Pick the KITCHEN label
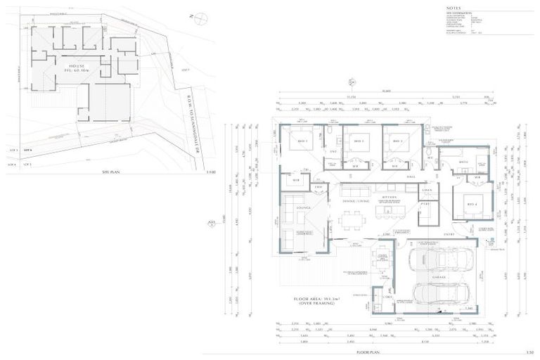(x=390, y=198)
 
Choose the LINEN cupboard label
(x=426, y=191)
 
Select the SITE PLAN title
(x=112, y=171)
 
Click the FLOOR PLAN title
(x=368, y=349)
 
